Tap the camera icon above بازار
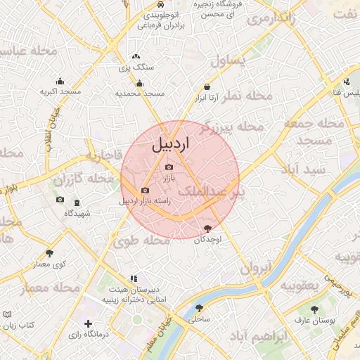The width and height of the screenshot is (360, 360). [x=169, y=167]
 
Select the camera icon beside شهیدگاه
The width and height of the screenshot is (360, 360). [x=59, y=201]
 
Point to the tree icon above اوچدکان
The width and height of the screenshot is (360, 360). [x=207, y=229]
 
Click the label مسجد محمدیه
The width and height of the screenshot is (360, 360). [x=140, y=93]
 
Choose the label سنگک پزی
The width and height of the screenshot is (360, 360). [x=136, y=67]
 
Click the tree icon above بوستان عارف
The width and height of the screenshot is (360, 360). [x=314, y=309]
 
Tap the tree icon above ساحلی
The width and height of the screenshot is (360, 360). [x=200, y=308]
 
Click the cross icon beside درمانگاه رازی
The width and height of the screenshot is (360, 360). [x=88, y=323]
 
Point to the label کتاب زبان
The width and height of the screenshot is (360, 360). [x=20, y=326]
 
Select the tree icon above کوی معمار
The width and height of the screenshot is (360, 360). [x=49, y=253]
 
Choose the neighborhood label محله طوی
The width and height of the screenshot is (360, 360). [x=141, y=241]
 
